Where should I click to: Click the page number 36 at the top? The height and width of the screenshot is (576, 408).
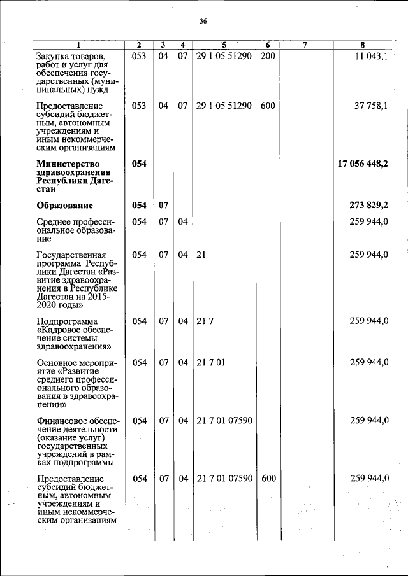click(203, 21)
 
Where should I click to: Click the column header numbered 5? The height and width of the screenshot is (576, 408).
click(224, 45)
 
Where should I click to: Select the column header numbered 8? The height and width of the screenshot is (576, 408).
click(362, 45)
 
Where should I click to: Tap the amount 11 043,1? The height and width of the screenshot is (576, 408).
click(372, 56)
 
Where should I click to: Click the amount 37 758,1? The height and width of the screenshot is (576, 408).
click(372, 106)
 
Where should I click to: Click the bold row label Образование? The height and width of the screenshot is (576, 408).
click(64, 206)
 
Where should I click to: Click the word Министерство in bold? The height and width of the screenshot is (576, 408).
click(68, 164)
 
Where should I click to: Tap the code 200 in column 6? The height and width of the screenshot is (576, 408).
click(268, 56)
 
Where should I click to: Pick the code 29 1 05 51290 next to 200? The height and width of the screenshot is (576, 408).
click(224, 56)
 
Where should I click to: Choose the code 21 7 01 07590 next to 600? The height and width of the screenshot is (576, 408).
click(224, 478)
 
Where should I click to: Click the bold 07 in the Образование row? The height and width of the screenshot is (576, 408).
click(163, 206)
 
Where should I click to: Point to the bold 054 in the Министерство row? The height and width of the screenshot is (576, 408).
click(139, 164)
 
